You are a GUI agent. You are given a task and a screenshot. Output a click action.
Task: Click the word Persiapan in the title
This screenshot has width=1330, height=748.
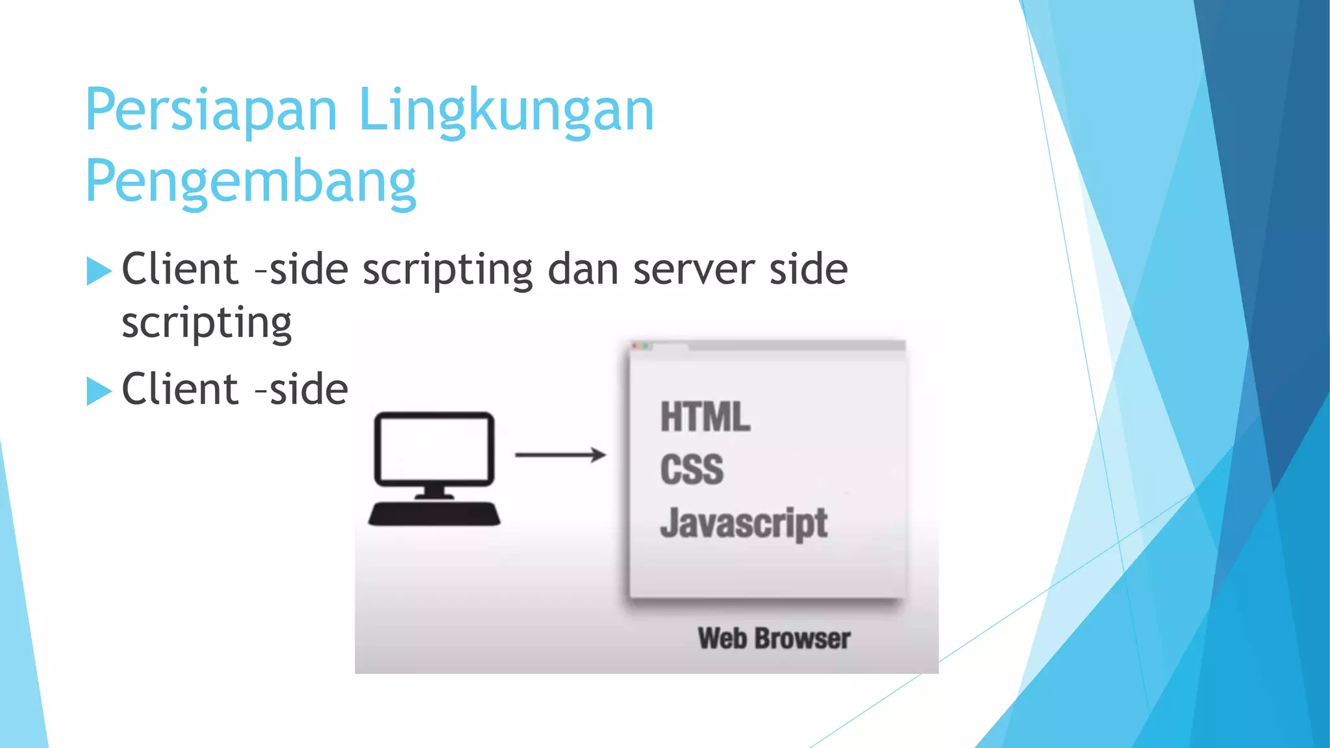click(211, 110)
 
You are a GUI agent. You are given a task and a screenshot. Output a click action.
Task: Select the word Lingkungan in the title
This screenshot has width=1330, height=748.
click(505, 110)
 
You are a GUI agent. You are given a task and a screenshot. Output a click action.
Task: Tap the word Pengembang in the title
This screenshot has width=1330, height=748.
click(251, 182)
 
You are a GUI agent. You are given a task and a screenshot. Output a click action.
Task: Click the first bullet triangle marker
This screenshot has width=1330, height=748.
click(99, 271)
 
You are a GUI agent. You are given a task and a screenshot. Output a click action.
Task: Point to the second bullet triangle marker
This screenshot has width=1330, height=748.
click(99, 391)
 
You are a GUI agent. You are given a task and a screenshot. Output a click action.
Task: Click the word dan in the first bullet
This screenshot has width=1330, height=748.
click(583, 269)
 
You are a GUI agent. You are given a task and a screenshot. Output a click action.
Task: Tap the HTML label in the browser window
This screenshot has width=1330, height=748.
click(705, 417)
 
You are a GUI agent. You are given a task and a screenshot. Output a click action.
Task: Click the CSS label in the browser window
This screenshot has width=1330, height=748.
click(692, 469)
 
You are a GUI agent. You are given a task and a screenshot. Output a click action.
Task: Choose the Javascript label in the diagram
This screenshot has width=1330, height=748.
click(744, 523)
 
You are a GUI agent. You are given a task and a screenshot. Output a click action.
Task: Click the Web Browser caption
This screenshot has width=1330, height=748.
click(774, 639)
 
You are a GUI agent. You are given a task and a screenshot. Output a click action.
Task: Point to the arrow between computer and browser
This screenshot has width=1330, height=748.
click(560, 455)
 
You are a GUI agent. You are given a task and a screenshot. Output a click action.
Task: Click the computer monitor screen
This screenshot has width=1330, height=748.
click(434, 448)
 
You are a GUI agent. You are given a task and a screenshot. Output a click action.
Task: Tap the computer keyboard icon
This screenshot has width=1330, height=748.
click(434, 514)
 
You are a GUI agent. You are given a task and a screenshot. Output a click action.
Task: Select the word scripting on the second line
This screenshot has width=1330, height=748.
click(207, 323)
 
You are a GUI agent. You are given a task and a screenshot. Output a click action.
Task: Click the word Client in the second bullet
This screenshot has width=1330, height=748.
click(180, 390)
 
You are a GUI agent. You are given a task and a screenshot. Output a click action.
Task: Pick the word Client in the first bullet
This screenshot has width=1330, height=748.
click(180, 269)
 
